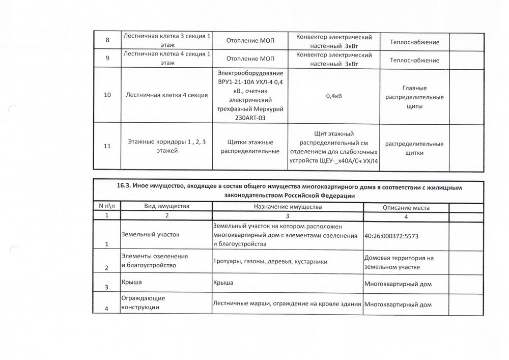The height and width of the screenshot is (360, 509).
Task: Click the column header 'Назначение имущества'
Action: coord(288,207)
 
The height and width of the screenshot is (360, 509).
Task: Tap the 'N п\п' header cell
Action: coord(106,206)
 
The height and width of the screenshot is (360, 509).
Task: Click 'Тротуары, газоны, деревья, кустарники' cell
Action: coord(270,261)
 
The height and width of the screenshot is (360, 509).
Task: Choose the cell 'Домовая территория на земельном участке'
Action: coord(399,262)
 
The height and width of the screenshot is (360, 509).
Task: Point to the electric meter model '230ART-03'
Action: coord(250,118)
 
